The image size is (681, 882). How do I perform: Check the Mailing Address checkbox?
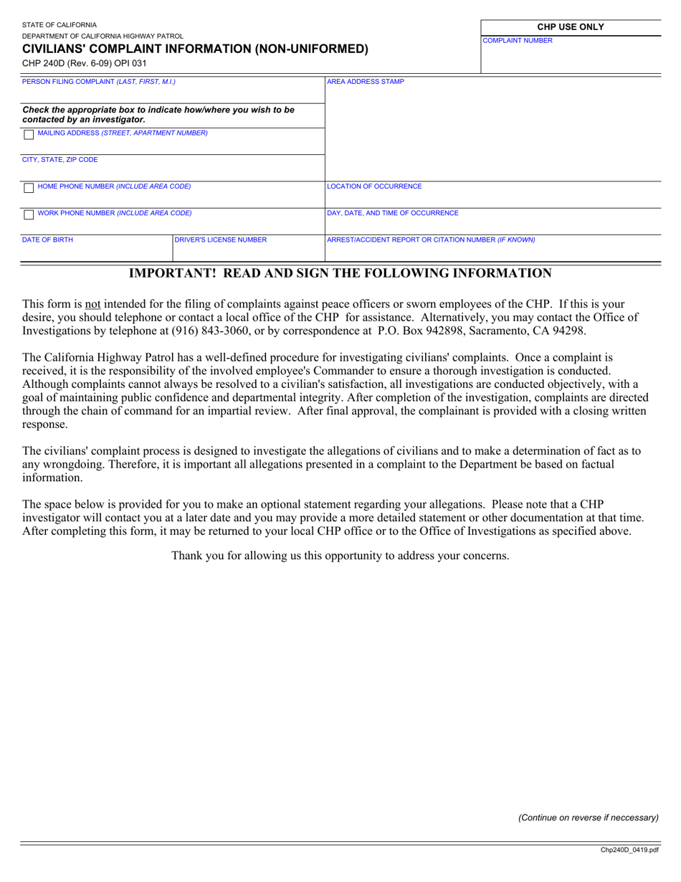[28, 135]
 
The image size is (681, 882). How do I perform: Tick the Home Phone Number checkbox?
[28, 188]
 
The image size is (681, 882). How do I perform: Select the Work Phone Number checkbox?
[28, 214]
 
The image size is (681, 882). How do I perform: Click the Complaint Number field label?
[517, 41]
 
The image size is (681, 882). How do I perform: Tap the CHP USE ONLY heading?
[571, 27]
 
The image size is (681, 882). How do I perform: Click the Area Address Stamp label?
[365, 82]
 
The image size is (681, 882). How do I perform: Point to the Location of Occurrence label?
[374, 186]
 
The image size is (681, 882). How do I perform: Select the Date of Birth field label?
[47, 240]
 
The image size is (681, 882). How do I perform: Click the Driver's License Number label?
[221, 240]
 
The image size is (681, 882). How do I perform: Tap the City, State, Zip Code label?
[60, 160]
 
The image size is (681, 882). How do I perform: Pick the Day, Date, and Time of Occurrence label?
[393, 213]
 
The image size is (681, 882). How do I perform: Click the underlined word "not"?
[92, 304]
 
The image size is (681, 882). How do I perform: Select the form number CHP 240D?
[42, 63]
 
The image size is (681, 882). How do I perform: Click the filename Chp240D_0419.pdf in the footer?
[629, 850]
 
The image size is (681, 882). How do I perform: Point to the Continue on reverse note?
[588, 817]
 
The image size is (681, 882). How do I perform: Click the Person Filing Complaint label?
[99, 82]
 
